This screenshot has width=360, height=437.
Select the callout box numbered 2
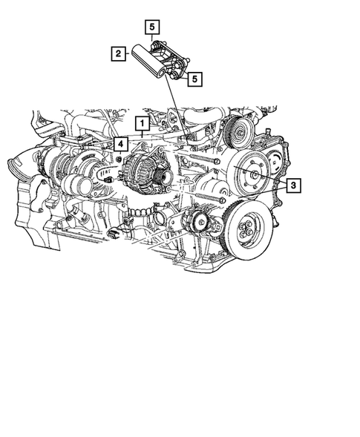pyautogui.click(x=117, y=53)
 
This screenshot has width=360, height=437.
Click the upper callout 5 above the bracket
pyautogui.click(x=151, y=28)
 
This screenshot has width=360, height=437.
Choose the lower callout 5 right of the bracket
pyautogui.click(x=194, y=77)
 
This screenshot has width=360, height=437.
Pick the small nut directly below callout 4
pyautogui.click(x=119, y=160)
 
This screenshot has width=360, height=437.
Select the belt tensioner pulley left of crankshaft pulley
pyautogui.click(x=199, y=220)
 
